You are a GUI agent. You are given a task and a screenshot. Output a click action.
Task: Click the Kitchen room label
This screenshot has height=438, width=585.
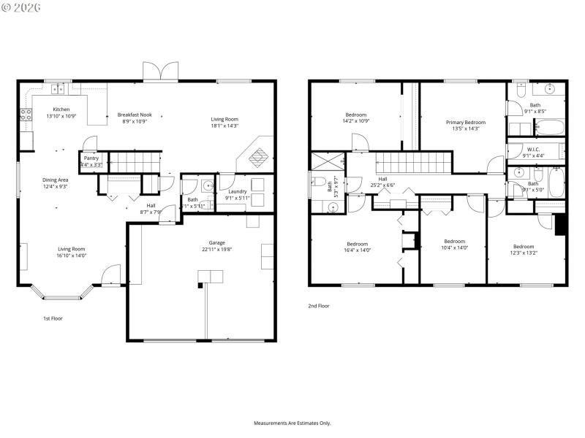tap(61, 109)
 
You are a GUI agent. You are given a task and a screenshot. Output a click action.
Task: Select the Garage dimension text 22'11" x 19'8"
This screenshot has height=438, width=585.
tap(216, 250)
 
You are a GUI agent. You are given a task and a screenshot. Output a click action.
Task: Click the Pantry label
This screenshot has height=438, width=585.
tap(91, 158)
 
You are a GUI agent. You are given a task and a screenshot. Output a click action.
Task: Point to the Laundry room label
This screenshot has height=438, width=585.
tap(237, 191)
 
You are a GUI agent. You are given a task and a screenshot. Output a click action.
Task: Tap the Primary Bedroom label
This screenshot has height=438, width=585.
tap(466, 122)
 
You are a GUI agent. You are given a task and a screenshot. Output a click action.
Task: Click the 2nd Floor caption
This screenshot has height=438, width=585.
tap(318, 306)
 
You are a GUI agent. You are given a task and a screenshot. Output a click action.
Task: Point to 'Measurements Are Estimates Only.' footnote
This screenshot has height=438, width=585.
tap(292, 423)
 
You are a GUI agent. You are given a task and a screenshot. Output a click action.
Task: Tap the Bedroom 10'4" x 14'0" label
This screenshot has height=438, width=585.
tap(454, 242)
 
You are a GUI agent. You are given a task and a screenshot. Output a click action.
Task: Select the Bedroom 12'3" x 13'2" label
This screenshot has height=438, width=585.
tap(523, 246)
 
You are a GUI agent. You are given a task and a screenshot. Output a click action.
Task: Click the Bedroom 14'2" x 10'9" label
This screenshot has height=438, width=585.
tap(356, 115)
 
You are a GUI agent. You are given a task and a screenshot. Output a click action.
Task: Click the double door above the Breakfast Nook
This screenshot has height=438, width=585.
tap(160, 71)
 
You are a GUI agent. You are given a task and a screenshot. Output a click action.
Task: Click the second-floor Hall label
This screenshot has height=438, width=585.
tap(382, 179)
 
